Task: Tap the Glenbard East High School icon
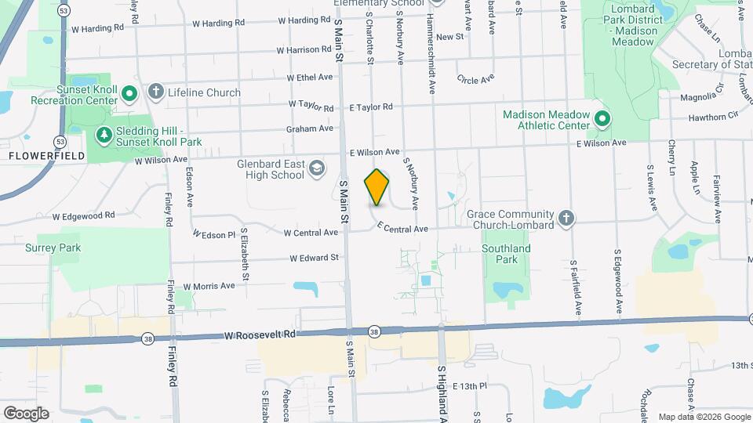[x=316, y=168]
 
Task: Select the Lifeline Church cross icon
[x=155, y=92]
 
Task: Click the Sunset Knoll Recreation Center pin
[x=130, y=94]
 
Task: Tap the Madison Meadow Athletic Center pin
[x=602, y=120]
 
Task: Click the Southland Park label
[x=507, y=253]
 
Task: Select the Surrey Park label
[x=53, y=248]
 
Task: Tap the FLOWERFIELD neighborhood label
[x=36, y=156]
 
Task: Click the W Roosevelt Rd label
[x=260, y=334]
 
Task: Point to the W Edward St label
[x=314, y=257]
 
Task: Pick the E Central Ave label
[x=402, y=228]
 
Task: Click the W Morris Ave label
[x=209, y=286]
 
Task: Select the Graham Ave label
[x=310, y=128]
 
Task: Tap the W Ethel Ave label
[x=310, y=78]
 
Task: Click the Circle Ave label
[x=476, y=79]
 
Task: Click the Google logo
[x=25, y=413]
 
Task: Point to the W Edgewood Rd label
[x=83, y=215]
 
